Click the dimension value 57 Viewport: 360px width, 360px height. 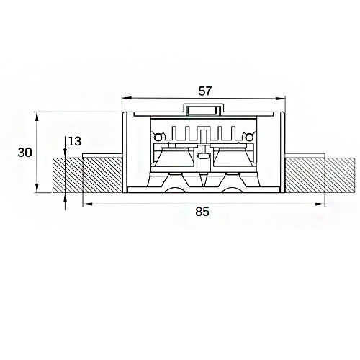point(205,91)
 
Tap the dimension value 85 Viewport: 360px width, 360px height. point(202,212)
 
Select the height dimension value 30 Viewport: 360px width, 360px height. point(24,153)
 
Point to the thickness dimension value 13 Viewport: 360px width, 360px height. point(75,141)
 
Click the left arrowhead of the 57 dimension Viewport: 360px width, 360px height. point(127,98)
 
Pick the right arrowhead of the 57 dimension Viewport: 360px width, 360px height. point(280,98)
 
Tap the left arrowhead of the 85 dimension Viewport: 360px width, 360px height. point(88,204)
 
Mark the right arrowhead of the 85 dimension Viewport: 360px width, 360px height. point(320,204)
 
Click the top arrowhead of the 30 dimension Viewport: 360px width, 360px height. point(37,117)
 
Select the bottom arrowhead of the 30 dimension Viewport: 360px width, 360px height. point(37,188)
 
